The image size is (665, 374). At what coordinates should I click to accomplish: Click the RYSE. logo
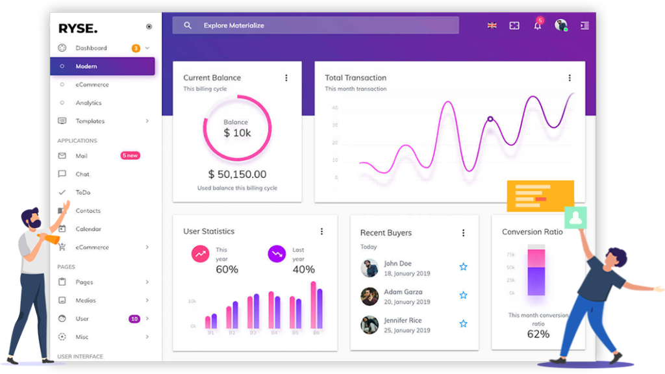tap(78, 28)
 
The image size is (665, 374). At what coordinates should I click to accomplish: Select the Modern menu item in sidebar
tap(86, 66)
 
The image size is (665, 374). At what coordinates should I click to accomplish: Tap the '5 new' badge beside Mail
tap(130, 156)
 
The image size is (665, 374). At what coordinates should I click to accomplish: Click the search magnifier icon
tap(188, 25)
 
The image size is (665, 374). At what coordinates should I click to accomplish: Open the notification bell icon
tap(537, 26)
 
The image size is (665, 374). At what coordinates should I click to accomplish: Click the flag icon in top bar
tap(492, 25)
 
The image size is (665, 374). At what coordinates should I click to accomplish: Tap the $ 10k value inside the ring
tap(236, 132)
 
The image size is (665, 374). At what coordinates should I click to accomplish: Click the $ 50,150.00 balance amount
tap(237, 174)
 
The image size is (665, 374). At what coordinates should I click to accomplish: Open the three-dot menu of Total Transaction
tap(570, 78)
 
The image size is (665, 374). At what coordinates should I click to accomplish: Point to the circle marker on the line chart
tap(490, 119)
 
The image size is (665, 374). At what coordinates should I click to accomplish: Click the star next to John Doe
tap(463, 267)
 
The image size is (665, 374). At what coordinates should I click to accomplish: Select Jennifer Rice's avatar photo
tap(370, 325)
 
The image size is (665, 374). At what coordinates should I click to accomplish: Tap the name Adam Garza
tap(403, 292)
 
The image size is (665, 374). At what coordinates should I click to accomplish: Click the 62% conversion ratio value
tap(538, 334)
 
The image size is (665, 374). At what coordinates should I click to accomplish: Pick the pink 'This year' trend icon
tap(200, 254)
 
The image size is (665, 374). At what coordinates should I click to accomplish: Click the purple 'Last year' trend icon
tap(277, 254)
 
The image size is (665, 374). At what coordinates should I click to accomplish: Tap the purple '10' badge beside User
tap(134, 319)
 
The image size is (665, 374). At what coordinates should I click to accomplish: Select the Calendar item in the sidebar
tap(88, 229)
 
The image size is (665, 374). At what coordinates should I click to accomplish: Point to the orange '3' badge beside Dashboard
tap(136, 48)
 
